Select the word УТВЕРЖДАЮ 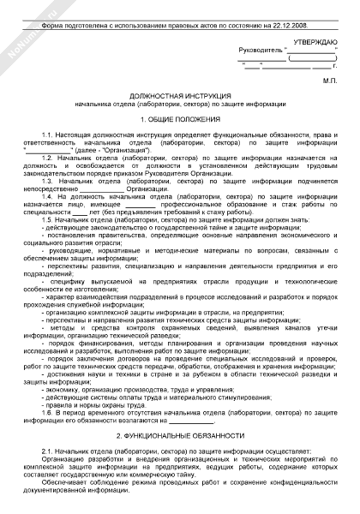click(x=312, y=42)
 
